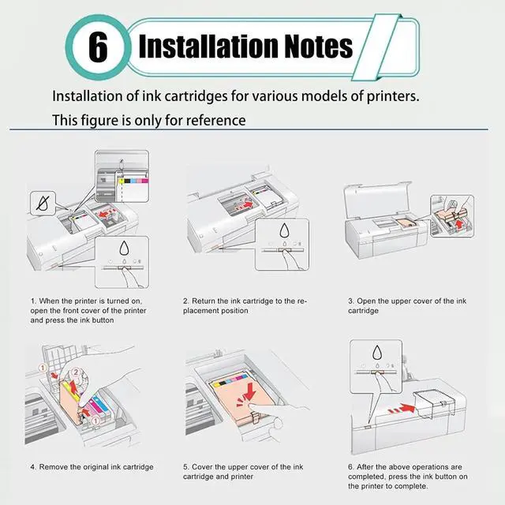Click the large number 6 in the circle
point(98,47)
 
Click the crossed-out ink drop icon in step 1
point(43,204)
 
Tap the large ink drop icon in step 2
point(284,230)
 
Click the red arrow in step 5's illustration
point(247,394)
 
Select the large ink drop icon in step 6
point(377,353)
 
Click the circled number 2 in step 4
point(76,372)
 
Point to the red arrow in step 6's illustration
point(402,409)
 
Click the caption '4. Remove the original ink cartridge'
point(92,467)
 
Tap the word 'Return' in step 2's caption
point(203,301)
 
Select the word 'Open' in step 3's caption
point(365,301)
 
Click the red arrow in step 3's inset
point(459,223)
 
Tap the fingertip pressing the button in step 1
point(124,270)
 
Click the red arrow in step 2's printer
point(247,204)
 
